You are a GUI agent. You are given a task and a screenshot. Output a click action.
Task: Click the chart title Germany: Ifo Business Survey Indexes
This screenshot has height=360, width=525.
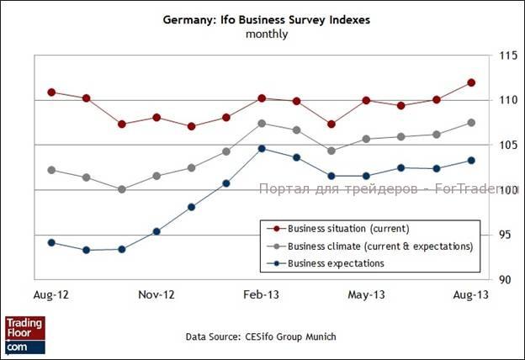pos(267,19)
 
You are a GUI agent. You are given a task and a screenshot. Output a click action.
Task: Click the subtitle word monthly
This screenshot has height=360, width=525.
pos(267,34)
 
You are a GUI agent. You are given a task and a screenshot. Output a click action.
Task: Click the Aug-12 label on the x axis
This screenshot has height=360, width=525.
pos(50,295)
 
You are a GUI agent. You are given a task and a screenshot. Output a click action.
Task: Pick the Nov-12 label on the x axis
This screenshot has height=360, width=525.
pos(156,295)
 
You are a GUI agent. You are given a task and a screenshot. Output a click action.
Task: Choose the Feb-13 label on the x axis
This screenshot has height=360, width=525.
pos(262,295)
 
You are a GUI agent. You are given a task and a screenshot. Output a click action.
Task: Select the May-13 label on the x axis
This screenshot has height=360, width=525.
pos(367,295)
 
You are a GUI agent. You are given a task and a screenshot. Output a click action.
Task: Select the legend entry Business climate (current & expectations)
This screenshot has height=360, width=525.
pos(379,246)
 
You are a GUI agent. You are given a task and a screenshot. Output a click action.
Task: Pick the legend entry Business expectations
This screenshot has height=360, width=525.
pos(336,263)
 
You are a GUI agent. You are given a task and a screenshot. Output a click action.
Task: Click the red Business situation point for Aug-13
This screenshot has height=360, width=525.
pos(471,82)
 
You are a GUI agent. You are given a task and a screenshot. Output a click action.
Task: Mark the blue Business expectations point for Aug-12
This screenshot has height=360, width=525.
pos(51,242)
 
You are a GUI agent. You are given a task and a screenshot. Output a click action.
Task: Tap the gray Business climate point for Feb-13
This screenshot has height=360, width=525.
pos(262,124)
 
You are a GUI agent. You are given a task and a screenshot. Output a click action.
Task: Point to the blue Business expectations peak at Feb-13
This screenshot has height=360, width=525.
pos(262,149)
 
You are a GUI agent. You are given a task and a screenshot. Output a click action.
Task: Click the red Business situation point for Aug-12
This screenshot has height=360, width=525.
pos(51,92)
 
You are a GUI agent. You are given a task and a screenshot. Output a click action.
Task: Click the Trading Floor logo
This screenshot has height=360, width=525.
pos(24,334)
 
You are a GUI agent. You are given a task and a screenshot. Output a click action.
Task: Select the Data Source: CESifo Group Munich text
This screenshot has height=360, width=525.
pos(261,336)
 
